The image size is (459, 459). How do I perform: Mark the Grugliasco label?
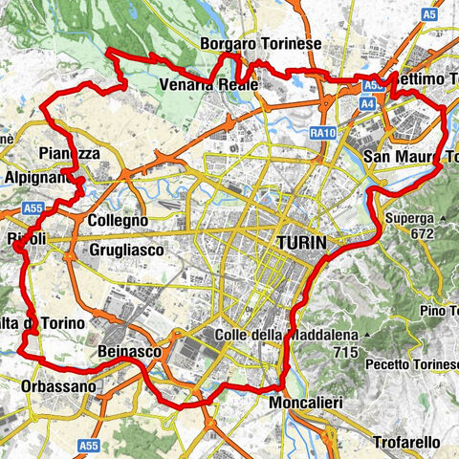click(x=126, y=250)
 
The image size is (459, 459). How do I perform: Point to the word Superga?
click(x=410, y=218)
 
